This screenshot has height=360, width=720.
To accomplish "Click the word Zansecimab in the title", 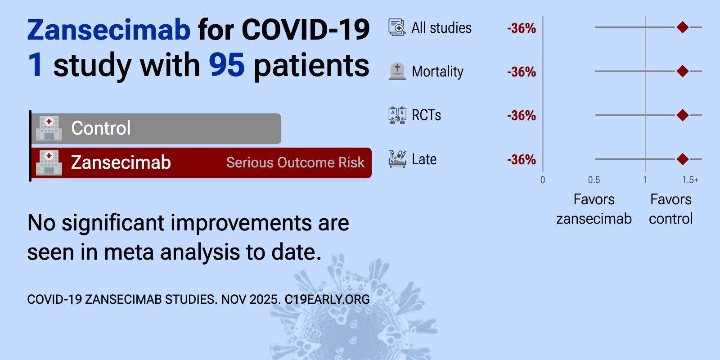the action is [x=109, y=30].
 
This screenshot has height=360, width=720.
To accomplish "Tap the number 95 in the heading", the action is [x=227, y=65].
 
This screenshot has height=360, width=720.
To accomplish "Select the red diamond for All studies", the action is [x=682, y=27].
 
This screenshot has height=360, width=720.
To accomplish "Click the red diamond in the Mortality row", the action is [x=682, y=71].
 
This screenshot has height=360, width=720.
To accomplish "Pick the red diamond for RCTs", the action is [x=682, y=115].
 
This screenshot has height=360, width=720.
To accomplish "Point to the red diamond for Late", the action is [x=682, y=159].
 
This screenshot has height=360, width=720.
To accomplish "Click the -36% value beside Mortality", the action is [x=522, y=72].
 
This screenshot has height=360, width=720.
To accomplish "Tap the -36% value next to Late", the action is [x=522, y=160].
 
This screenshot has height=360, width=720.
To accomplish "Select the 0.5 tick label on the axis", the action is [x=594, y=180].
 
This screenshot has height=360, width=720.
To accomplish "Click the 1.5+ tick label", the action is [x=690, y=180].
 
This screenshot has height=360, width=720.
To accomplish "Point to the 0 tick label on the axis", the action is [x=543, y=180].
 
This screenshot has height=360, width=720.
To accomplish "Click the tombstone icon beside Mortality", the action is [x=397, y=72].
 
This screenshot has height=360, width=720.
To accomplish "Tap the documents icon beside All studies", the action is [x=397, y=27].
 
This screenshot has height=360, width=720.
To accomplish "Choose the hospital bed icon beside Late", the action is [x=397, y=159].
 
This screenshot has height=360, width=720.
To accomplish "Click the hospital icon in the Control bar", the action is [x=49, y=129].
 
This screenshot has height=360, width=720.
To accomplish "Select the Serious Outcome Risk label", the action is [x=295, y=162].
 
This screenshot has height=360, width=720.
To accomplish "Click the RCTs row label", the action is [x=426, y=115].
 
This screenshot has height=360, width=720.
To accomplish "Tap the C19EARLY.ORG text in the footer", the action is [x=327, y=299].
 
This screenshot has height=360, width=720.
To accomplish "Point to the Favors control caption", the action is [x=671, y=209].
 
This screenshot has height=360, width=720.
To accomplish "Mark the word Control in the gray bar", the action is [x=101, y=128].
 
